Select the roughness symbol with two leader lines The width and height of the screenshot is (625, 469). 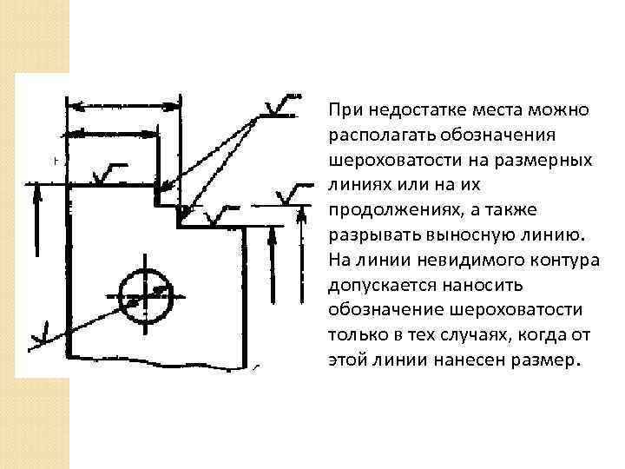(280, 109)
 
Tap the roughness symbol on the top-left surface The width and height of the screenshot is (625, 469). (109, 174)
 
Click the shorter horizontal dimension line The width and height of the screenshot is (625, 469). (113, 134)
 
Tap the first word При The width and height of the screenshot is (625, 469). (344, 111)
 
